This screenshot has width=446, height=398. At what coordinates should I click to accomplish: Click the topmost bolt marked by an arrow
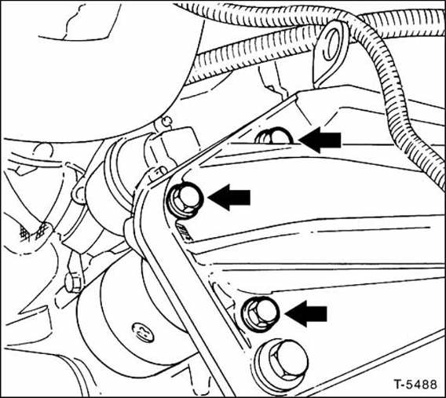275,137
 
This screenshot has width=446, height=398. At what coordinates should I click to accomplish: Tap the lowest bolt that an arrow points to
258,313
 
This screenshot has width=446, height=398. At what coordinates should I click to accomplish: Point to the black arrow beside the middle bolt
230,198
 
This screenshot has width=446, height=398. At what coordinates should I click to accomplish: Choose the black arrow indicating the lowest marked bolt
307,314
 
